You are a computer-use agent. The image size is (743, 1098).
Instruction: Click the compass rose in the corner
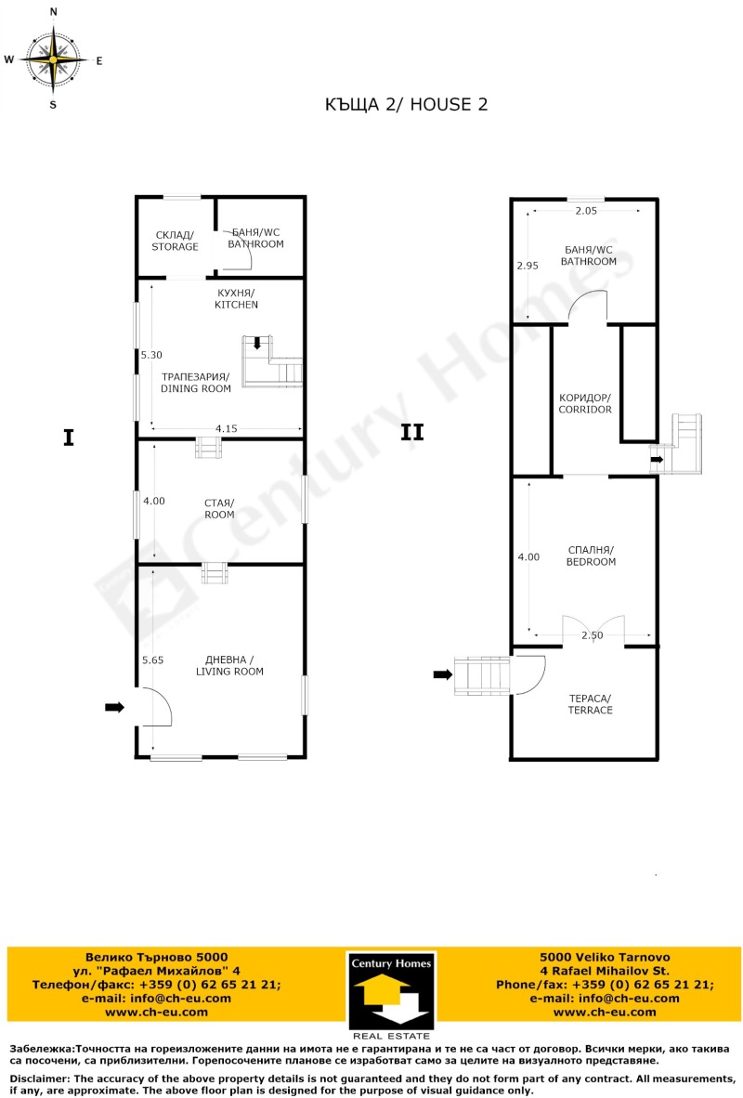tap(53, 59)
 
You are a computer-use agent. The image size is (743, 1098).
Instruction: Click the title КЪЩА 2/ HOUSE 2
tap(406, 104)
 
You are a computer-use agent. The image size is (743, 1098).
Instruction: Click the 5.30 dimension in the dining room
tap(150, 355)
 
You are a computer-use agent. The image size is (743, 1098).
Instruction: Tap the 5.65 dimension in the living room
tap(152, 660)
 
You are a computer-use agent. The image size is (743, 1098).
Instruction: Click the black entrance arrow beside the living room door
tap(114, 707)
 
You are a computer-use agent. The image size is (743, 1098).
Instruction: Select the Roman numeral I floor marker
tap(68, 438)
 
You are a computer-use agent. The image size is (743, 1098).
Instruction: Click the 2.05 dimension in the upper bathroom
tap(587, 212)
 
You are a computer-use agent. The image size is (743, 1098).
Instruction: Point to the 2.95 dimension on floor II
tap(528, 266)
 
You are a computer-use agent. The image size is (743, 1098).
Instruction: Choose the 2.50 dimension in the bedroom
tap(592, 635)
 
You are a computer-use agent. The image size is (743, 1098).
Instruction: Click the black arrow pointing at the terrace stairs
tap(442, 675)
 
